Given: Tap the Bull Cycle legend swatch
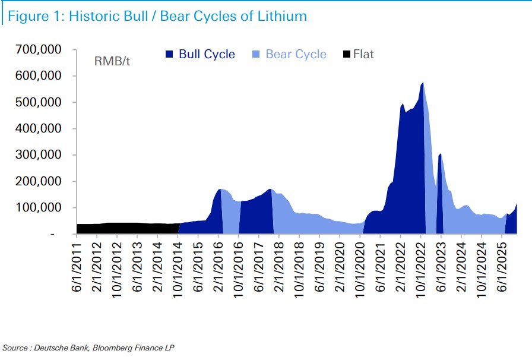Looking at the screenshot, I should [x=169, y=55].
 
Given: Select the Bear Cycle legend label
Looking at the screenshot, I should [x=296, y=55].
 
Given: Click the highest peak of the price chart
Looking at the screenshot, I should [x=422, y=83].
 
